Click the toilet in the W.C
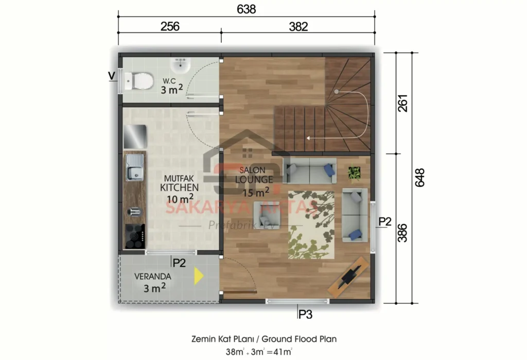139,80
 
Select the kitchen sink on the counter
135,168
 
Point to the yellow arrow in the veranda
198,277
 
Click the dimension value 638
245,9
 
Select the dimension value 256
170,26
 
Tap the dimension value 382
298,26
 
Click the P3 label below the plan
305,314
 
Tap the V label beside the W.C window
111,76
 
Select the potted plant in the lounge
354,173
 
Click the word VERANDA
153,276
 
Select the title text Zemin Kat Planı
224,339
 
